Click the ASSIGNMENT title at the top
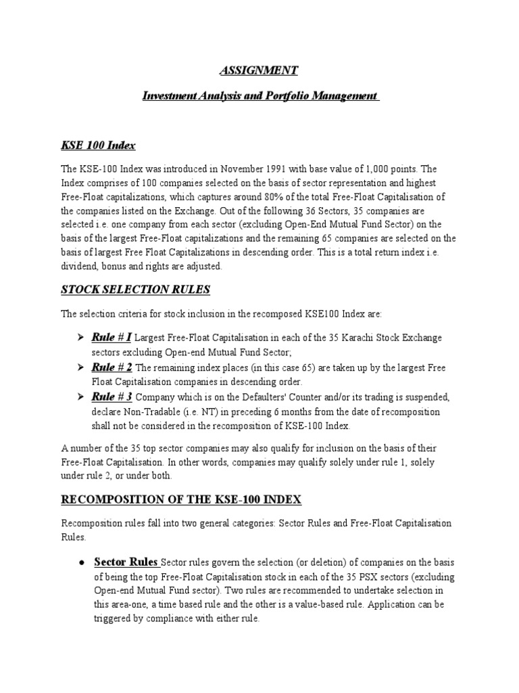coord(259,70)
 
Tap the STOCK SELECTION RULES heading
coord(136,290)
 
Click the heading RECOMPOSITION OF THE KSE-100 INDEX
coord(181,499)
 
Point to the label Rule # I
coord(112,337)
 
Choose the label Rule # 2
coord(112,367)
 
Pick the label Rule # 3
coord(112,397)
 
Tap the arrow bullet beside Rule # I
coord(80,338)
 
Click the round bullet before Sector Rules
coord(80,563)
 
